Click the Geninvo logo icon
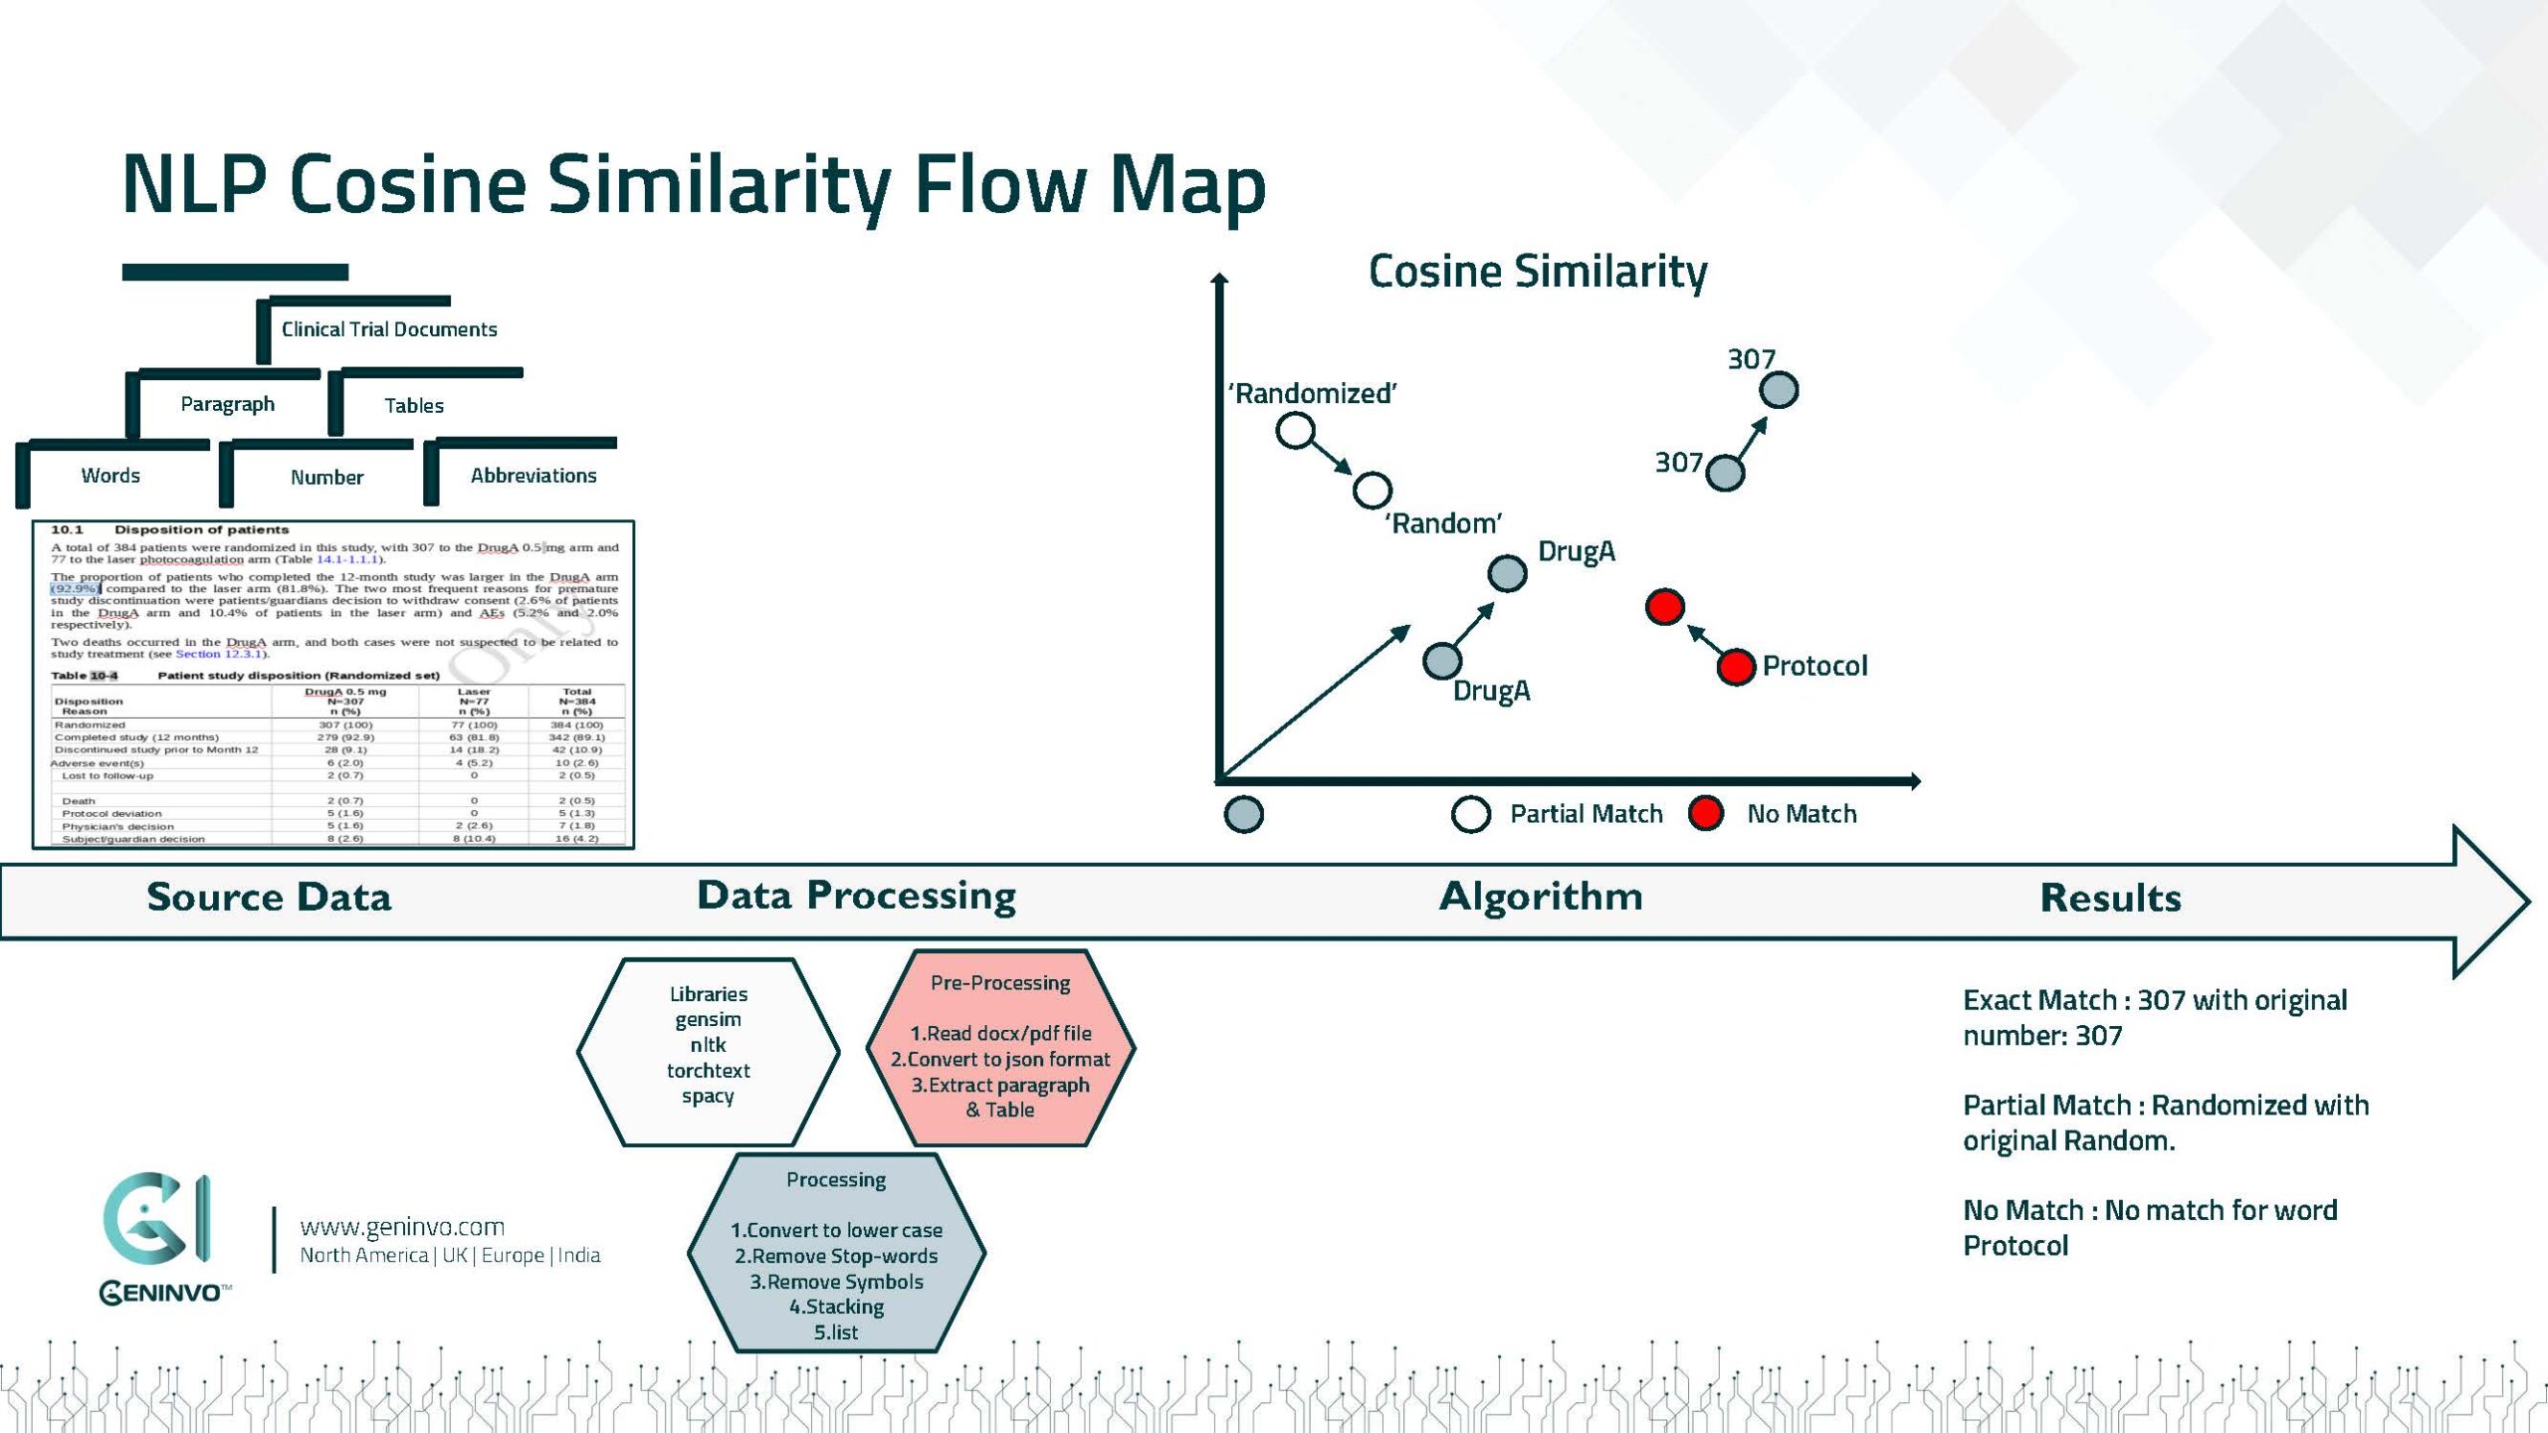[x=157, y=1220]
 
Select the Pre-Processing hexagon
[x=1000, y=1048]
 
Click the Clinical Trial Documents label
[x=389, y=329]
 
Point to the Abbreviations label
[x=533, y=476]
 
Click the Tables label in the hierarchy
[x=414, y=405]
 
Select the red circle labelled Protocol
[x=1736, y=667]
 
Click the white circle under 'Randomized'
[x=1295, y=431]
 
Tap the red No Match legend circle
[x=1706, y=813]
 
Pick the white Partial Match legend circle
[x=1470, y=814]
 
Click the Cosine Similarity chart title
[x=1538, y=271]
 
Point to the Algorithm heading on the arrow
[x=1541, y=897]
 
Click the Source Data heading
[x=269, y=897]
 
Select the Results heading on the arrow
[x=2110, y=898]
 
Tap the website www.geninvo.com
[x=402, y=1227]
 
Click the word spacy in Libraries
[x=708, y=1096]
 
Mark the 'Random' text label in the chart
[x=1443, y=523]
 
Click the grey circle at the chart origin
[x=1243, y=814]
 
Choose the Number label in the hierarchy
[x=326, y=478]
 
